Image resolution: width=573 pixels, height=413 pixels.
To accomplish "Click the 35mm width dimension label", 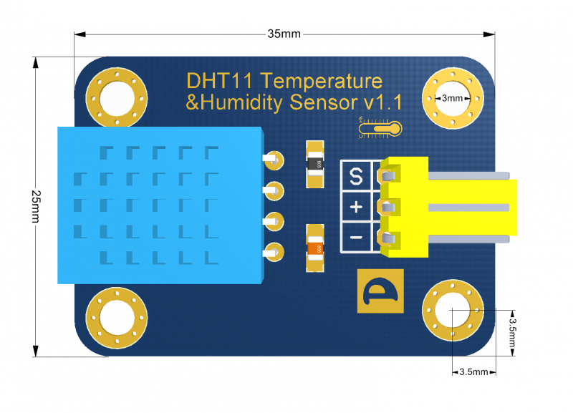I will pyautogui.click(x=284, y=34).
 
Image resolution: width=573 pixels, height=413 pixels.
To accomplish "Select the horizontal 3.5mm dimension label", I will pyautogui.click(x=473, y=372).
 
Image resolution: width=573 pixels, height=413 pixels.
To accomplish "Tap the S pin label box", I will pyautogui.click(x=355, y=175).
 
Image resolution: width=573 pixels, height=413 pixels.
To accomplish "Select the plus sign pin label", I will pyautogui.click(x=356, y=208).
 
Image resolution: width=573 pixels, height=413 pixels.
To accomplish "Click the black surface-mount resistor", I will pyautogui.click(x=314, y=165).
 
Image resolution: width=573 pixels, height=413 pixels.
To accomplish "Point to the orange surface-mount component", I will pyautogui.click(x=314, y=248).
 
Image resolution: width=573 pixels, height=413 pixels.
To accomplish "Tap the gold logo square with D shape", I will pyautogui.click(x=380, y=291).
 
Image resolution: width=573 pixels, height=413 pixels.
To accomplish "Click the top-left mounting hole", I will pyautogui.click(x=117, y=99).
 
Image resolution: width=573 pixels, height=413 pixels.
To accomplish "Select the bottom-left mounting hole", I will pyautogui.click(x=116, y=316).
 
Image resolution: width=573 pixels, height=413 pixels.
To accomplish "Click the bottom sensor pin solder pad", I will pyautogui.click(x=273, y=251).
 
